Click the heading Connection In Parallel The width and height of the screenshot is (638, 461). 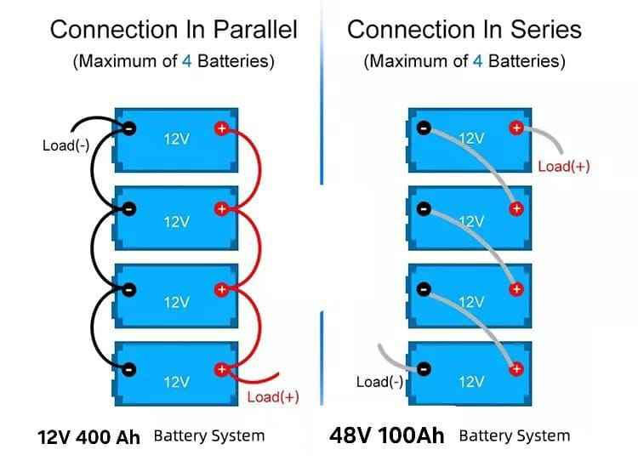click(x=174, y=30)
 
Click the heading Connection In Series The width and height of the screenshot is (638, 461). click(x=464, y=30)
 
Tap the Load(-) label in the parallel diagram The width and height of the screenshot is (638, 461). click(x=66, y=145)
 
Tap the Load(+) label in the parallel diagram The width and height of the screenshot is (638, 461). click(x=272, y=397)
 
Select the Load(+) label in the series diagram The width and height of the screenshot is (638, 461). click(x=563, y=166)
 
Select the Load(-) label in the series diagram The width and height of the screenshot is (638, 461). click(x=379, y=382)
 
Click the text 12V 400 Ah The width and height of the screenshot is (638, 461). click(x=88, y=437)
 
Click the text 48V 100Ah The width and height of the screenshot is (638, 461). click(x=386, y=436)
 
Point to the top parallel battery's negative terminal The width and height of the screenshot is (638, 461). click(x=129, y=128)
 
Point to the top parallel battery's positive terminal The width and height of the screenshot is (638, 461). click(x=221, y=128)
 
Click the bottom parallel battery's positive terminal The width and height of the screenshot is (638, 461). click(x=221, y=369)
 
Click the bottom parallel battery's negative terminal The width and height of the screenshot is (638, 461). click(x=129, y=369)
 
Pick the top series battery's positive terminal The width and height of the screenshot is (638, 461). click(x=516, y=128)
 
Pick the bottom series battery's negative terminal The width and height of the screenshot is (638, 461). click(x=424, y=368)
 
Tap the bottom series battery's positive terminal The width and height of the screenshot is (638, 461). click(x=516, y=368)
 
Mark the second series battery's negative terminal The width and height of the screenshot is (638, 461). click(x=424, y=208)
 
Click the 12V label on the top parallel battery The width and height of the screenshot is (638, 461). click(x=176, y=139)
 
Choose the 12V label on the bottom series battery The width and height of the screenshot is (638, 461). click(x=471, y=381)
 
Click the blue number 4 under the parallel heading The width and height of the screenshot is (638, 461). click(x=187, y=62)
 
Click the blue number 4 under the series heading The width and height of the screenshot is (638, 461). click(x=477, y=62)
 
